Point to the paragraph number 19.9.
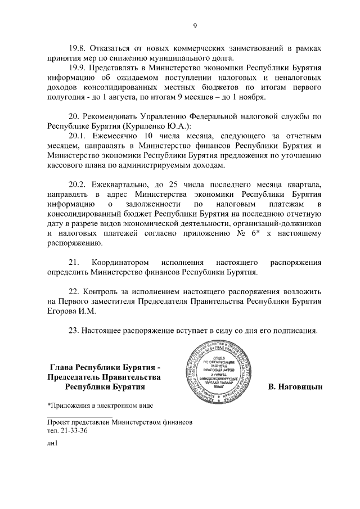tap(78, 68)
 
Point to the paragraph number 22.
tap(74, 292)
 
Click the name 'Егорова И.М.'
tap(71, 312)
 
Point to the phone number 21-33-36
tap(73, 430)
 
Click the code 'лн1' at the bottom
tap(53, 444)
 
